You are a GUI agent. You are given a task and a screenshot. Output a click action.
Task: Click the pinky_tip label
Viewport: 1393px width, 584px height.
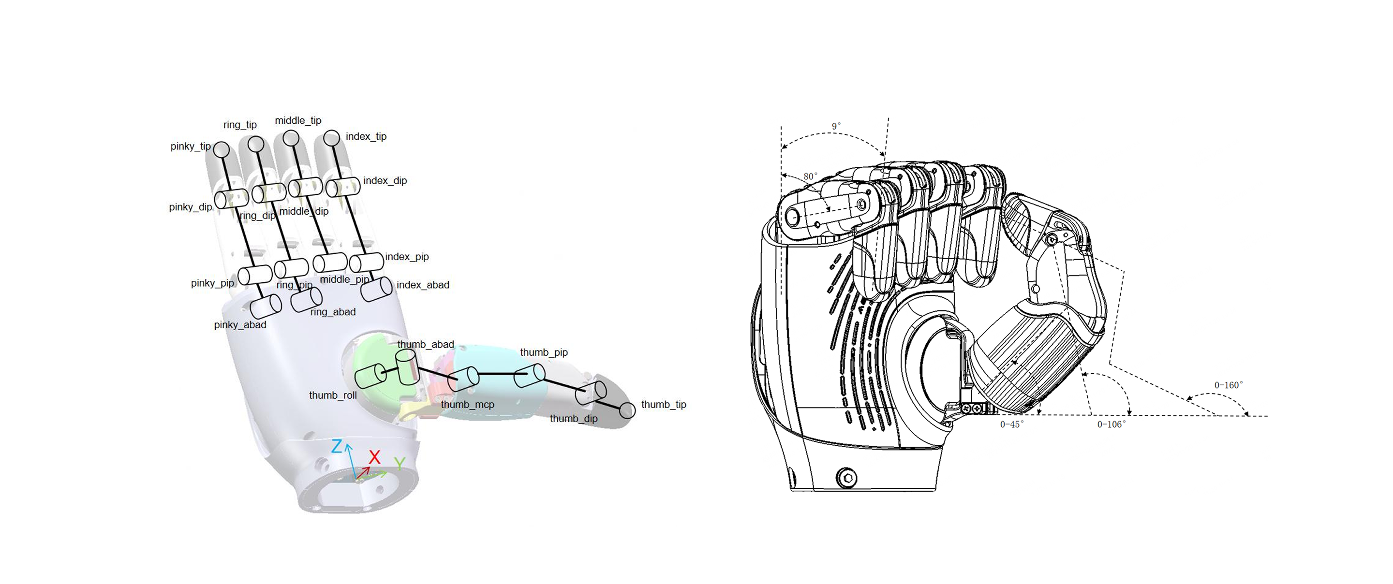(191, 146)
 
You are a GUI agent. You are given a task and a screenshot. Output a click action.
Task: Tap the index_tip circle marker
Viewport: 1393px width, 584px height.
(331, 138)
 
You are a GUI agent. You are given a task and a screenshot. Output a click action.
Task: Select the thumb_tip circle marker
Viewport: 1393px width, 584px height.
(627, 410)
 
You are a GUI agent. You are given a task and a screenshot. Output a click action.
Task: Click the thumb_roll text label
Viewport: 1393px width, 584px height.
(333, 395)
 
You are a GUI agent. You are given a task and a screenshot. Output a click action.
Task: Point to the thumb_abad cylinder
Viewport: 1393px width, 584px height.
(407, 367)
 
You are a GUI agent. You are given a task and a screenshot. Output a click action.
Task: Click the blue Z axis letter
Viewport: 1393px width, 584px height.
(337, 447)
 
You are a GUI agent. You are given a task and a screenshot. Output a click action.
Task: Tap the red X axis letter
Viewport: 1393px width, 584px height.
(374, 457)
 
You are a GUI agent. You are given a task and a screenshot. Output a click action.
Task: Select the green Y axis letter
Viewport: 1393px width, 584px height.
(400, 464)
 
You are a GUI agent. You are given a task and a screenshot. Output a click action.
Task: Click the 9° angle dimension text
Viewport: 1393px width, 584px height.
(836, 126)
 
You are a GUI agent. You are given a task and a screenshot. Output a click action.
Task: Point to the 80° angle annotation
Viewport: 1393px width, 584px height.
(810, 176)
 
